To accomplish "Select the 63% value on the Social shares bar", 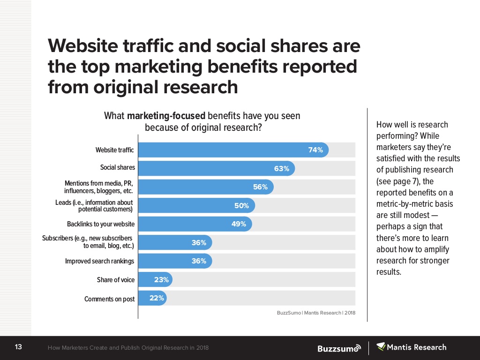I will click(x=282, y=169).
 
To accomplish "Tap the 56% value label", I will click(x=260, y=187).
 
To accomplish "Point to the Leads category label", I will click(x=94, y=206).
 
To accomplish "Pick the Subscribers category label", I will click(x=88, y=242).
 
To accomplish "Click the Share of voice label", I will click(x=115, y=280).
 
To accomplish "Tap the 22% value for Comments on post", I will click(x=157, y=298).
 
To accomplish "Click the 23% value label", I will click(x=162, y=280).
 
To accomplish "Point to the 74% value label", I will click(x=315, y=150).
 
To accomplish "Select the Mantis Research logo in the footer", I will click(x=412, y=347).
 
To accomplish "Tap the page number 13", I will click(x=19, y=347).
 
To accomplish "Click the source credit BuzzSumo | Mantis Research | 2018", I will click(x=313, y=313).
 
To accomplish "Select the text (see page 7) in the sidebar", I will click(x=394, y=181).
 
